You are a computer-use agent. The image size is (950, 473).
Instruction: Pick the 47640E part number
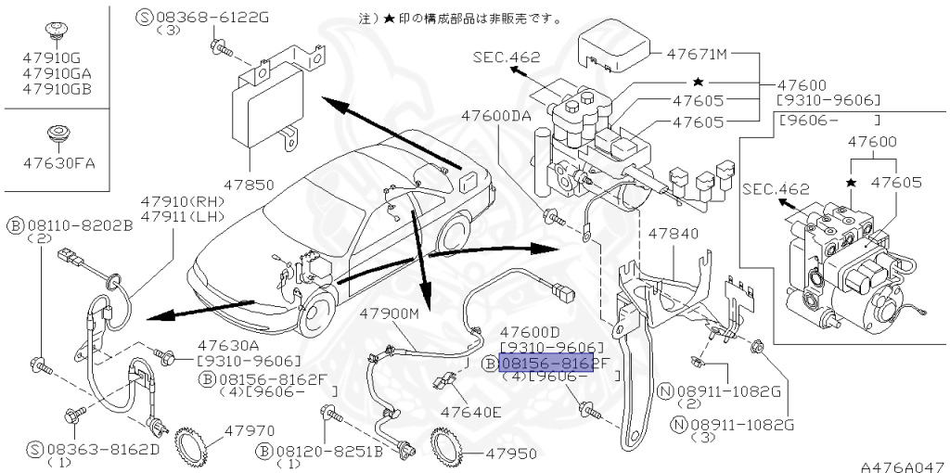[x=470, y=411]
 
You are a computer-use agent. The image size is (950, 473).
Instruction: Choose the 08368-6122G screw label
[x=203, y=16]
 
